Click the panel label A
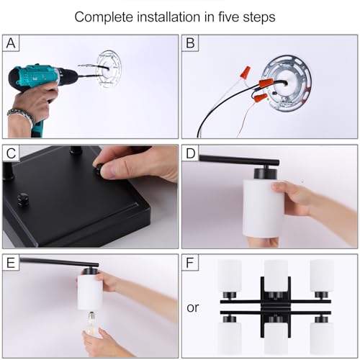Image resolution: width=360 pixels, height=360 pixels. click(11, 43)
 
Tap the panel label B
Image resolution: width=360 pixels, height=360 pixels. click(190, 43)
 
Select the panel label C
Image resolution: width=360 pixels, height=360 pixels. click(11, 153)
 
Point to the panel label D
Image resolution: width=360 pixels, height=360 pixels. click(191, 153)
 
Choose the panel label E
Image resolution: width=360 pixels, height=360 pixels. click(11, 263)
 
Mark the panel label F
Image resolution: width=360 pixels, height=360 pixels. click(189, 263)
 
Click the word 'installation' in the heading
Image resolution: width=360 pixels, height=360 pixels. click(168, 17)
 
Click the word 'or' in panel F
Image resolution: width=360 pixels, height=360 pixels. click(193, 307)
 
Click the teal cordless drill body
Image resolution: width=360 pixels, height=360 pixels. click(41, 79)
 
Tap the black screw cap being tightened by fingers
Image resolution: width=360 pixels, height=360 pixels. click(99, 169)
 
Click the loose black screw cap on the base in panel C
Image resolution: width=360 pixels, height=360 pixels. click(23, 199)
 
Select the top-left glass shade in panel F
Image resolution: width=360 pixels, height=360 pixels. click(230, 276)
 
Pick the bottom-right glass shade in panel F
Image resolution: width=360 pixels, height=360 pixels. click(322, 338)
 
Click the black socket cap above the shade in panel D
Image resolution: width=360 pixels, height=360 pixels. click(266, 174)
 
